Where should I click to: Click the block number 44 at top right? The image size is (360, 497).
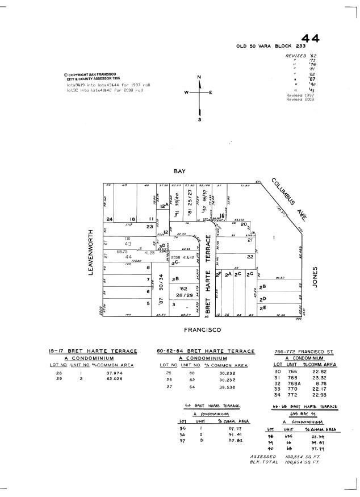click(x=310, y=38)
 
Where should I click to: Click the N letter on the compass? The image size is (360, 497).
click(x=199, y=77)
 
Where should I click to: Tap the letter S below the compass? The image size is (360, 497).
click(x=199, y=120)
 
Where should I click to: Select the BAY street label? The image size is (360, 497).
click(x=180, y=171)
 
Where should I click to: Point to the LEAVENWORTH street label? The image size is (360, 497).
click(x=90, y=252)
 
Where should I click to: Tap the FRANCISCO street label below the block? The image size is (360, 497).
click(x=202, y=329)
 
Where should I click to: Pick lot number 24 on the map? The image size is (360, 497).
click(x=109, y=219)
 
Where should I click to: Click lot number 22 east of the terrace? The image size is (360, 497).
click(x=250, y=257)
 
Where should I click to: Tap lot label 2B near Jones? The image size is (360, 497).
click(x=262, y=287)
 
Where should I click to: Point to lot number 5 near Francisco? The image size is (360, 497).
click(x=148, y=303)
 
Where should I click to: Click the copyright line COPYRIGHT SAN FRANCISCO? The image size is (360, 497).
click(x=90, y=74)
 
